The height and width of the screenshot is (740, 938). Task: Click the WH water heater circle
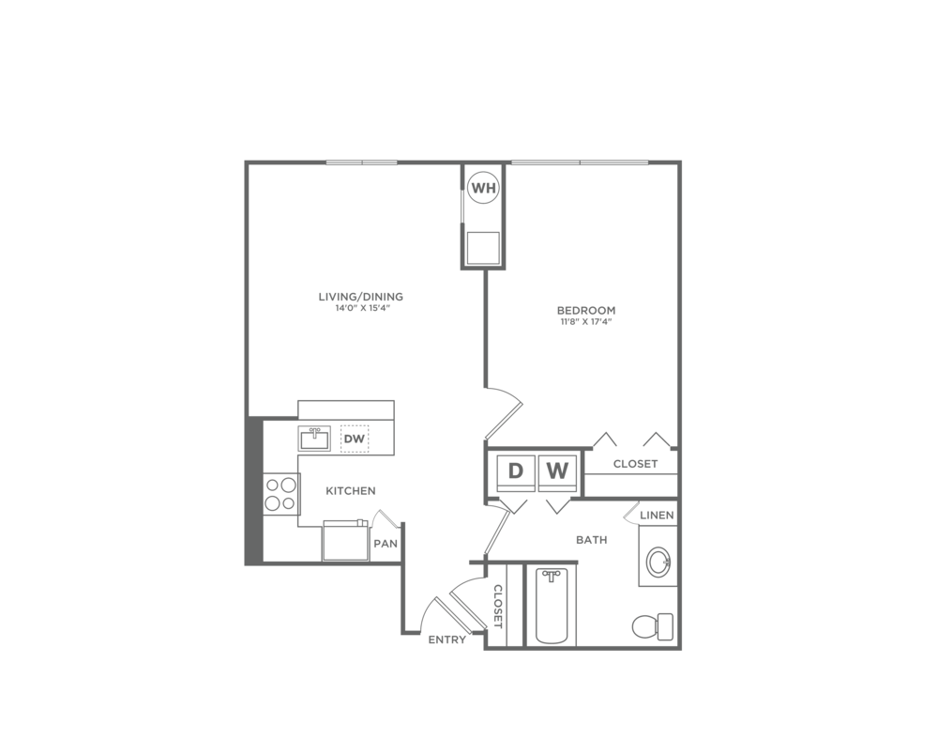coord(483,188)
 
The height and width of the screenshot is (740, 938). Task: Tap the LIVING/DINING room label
coord(361,297)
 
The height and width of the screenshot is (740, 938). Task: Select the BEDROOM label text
coord(586,310)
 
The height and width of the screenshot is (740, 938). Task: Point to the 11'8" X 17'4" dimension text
coord(586,322)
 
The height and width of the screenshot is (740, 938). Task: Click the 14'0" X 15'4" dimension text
coord(361,308)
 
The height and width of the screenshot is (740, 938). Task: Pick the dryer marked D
coord(516,471)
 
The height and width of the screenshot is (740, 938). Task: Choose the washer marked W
coord(557,471)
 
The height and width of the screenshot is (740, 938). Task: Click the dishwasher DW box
coord(355,439)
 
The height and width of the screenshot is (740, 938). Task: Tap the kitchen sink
coord(314,439)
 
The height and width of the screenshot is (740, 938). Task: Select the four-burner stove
coord(281,495)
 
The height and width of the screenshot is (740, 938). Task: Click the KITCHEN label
coord(351,491)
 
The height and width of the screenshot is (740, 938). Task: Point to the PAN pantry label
coord(386,545)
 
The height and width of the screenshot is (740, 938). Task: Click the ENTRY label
coord(446,640)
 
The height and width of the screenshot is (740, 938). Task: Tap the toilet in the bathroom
coord(653,627)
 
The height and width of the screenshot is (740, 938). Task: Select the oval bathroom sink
coord(658,562)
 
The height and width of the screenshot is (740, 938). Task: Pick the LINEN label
coord(657,516)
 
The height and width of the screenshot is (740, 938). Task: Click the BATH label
coord(592,540)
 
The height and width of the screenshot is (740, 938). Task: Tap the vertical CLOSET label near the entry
coord(498,606)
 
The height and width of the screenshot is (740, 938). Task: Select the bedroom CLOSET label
coord(635,464)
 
